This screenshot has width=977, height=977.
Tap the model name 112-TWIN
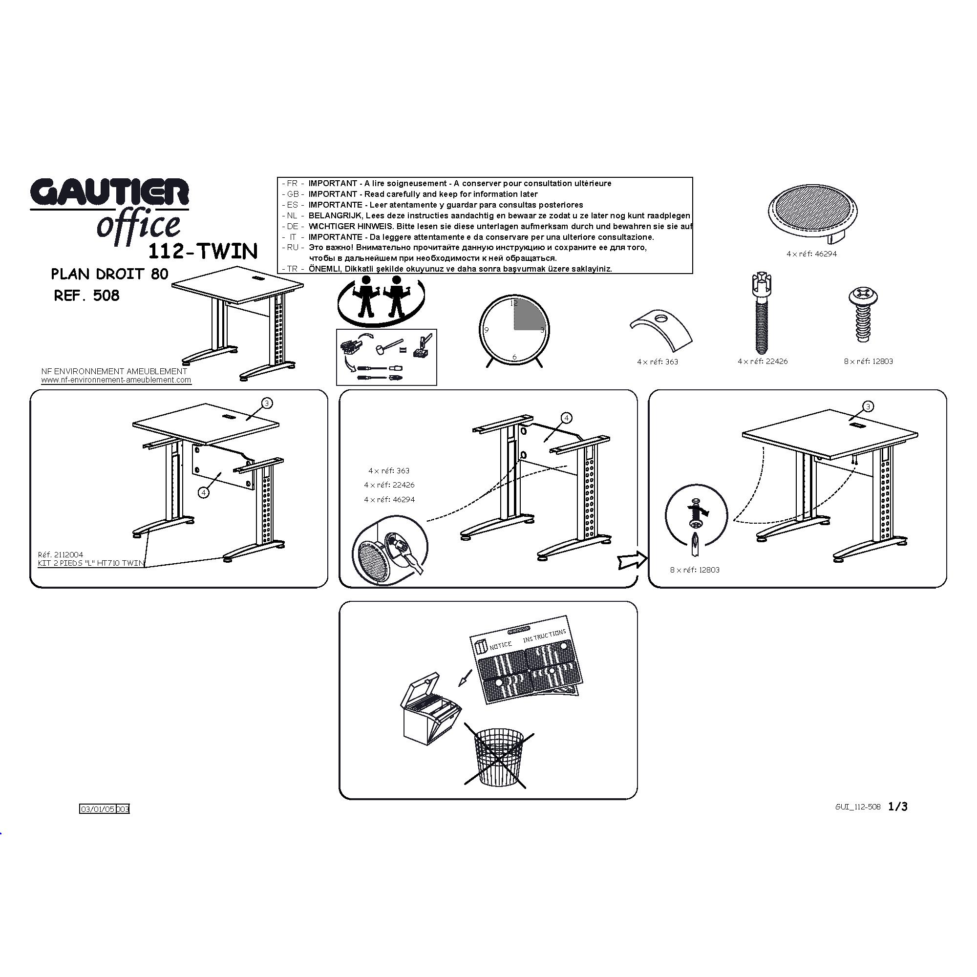click(x=203, y=251)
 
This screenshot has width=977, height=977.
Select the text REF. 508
click(x=86, y=296)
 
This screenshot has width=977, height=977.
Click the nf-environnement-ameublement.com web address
click(x=116, y=380)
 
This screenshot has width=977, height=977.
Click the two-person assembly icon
click(x=381, y=300)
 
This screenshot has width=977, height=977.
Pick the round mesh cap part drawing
click(x=813, y=212)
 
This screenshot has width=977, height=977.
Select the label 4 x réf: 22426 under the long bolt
click(x=763, y=361)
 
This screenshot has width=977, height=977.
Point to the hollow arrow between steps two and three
click(x=632, y=560)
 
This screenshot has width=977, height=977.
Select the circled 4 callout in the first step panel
click(x=203, y=492)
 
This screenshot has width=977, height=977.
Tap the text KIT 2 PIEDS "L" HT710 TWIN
click(x=91, y=563)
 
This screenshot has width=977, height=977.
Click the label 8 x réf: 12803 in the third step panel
click(x=695, y=570)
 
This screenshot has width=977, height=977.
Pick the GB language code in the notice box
click(x=293, y=194)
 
